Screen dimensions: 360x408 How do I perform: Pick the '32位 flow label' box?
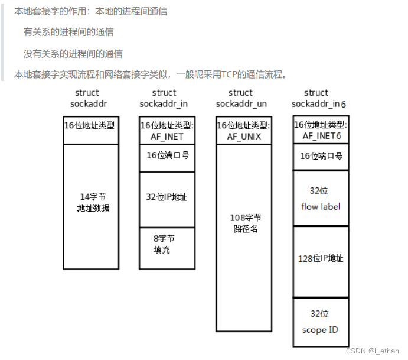point(321,198)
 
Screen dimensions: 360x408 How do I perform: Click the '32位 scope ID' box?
point(321,322)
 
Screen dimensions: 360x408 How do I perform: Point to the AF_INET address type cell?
point(167,131)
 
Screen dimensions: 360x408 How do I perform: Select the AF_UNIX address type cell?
point(244,131)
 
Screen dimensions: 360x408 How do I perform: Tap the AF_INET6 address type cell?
point(321,130)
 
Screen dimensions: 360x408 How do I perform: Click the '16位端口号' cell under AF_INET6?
point(321,157)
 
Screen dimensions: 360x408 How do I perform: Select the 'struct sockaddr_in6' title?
point(318,98)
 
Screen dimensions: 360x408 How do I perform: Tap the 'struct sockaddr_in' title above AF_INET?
point(164,98)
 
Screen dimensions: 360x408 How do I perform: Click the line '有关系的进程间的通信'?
point(68,32)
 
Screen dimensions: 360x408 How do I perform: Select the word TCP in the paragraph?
point(231,74)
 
